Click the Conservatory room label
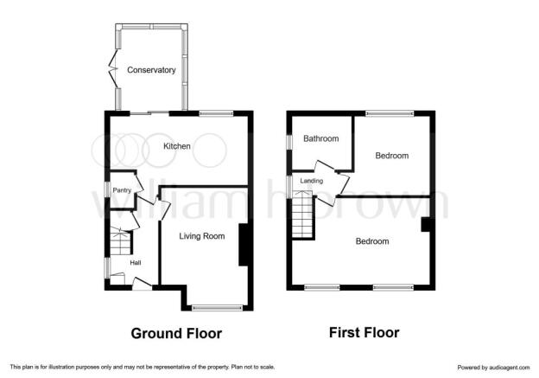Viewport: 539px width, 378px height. click(151, 70)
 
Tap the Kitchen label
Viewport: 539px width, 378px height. click(177, 146)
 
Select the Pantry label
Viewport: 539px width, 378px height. click(122, 190)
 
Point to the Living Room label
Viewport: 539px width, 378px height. click(202, 236)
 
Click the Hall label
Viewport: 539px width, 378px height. click(136, 263)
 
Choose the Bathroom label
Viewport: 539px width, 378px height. click(321, 138)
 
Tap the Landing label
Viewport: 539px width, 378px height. click(312, 181)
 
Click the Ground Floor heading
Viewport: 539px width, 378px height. click(176, 333)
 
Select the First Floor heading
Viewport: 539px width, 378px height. click(364, 332)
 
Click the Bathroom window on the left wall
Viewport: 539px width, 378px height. click(289, 142)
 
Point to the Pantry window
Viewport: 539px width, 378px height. click(107, 189)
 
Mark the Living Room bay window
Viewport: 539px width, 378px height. click(218, 308)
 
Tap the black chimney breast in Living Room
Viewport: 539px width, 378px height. click(244, 245)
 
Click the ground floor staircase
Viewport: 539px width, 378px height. click(120, 241)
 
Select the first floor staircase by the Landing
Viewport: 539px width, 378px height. click(302, 215)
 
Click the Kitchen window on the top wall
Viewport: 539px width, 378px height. click(216, 113)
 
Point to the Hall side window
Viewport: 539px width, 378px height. click(107, 268)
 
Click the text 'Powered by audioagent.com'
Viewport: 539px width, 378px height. click(493, 368)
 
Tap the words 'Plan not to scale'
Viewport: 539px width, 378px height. click(252, 367)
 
